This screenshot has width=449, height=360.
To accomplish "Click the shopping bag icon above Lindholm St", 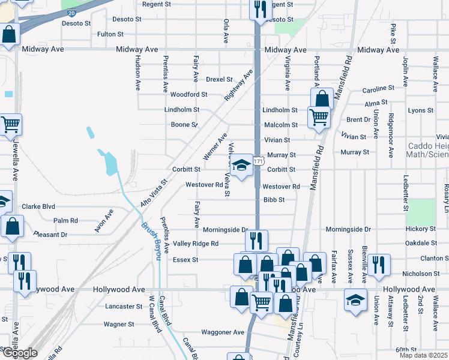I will tap(322, 99).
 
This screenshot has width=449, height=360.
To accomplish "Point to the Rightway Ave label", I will tap(238, 86).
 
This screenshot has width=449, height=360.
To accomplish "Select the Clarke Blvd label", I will tap(38, 206).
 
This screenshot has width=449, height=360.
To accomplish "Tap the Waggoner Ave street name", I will tap(223, 332).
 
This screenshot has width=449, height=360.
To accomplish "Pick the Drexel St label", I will tap(219, 79).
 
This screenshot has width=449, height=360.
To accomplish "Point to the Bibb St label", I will tap(273, 200).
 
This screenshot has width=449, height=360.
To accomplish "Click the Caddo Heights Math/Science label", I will tap(428, 151).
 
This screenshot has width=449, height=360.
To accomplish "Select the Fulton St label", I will tap(110, 34).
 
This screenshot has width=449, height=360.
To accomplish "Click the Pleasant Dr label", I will tap(50, 235).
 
